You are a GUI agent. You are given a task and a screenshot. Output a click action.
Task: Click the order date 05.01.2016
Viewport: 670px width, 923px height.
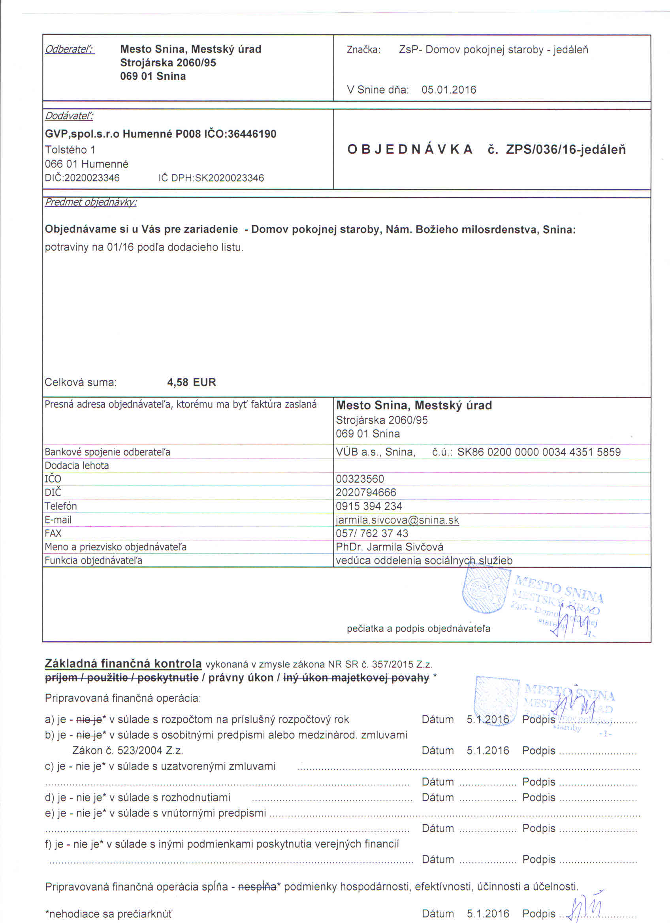448,90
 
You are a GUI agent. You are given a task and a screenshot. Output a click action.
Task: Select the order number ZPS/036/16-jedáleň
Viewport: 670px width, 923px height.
565,150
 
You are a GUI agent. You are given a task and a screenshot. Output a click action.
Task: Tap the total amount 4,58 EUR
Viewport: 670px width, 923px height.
191,382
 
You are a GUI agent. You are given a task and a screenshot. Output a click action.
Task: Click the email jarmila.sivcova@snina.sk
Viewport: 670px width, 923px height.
397,520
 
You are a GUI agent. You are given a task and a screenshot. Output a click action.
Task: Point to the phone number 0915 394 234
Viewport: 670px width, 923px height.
369,506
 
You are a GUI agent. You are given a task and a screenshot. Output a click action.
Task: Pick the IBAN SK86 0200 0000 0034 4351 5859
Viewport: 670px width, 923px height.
538,452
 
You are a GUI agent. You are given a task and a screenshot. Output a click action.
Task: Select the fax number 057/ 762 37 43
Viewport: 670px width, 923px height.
372,533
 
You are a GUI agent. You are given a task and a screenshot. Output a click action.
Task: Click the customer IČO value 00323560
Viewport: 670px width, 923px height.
359,478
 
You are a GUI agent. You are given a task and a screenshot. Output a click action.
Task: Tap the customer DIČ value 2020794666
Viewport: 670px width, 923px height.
366,492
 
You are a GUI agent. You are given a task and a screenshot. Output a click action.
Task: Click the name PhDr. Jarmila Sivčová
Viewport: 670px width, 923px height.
389,546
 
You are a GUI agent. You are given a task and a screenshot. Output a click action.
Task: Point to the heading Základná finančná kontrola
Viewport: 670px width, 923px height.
123,663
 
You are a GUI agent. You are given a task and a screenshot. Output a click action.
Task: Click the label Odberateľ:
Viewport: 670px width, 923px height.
69,49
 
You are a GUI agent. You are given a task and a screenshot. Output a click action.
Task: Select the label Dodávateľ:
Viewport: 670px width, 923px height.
69,116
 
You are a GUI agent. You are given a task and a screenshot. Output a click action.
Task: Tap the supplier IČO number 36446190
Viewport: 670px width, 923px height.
252,134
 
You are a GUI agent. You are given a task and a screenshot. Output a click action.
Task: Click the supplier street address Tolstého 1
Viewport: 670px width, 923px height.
70,150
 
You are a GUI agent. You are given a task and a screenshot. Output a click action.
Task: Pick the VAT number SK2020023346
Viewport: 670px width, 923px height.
230,178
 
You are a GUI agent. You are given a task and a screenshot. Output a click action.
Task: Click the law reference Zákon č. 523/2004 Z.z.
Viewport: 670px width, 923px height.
127,750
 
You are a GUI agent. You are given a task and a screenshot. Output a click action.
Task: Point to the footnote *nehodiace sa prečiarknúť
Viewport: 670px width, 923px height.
109,914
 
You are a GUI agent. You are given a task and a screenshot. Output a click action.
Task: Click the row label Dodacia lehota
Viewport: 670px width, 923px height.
77,465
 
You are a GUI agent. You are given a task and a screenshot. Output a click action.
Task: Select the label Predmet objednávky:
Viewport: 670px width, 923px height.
90,202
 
